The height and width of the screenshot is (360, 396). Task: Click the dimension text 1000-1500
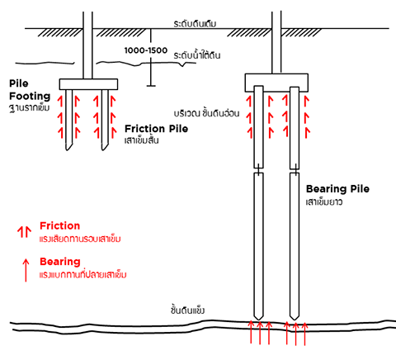[146, 50]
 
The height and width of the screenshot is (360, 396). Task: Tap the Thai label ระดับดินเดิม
[195, 24]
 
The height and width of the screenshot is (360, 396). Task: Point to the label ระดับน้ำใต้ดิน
[197, 55]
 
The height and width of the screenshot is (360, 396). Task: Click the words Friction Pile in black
[156, 129]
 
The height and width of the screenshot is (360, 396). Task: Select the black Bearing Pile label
[337, 189]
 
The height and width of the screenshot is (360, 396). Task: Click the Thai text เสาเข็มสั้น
[142, 140]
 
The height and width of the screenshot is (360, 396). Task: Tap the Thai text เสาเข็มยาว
[324, 202]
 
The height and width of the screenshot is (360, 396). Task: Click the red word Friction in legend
[60, 225]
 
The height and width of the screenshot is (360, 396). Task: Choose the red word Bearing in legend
[60, 262]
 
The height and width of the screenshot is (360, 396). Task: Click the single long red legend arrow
[26, 270]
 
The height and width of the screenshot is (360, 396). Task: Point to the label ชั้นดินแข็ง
[187, 310]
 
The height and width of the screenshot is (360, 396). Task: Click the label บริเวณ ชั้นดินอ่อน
[206, 113]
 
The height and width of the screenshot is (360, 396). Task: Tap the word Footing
[30, 97]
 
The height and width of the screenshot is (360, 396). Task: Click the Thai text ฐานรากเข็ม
[30, 107]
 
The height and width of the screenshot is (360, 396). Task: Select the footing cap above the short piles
[88, 84]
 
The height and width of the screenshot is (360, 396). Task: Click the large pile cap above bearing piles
[276, 83]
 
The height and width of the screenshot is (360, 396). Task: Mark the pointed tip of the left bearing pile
[258, 320]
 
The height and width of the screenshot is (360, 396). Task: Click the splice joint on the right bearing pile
[295, 171]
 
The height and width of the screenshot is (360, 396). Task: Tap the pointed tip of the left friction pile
[67, 149]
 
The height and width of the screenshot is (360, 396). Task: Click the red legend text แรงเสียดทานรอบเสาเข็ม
[80, 239]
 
